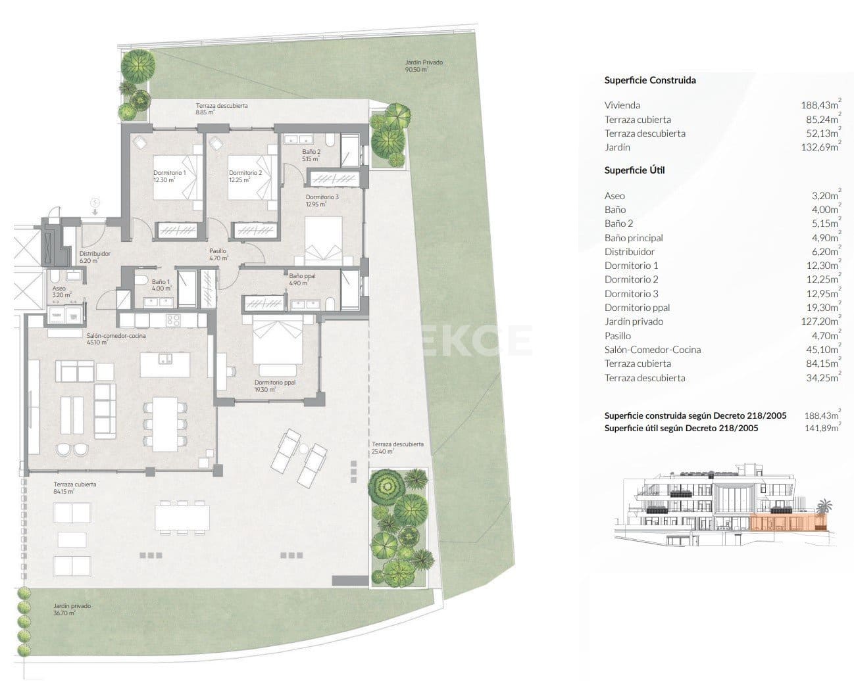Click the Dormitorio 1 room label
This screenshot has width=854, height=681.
click(170, 176)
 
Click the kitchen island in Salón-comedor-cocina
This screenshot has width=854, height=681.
click(165, 364)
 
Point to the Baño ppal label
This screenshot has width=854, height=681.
click(302, 279)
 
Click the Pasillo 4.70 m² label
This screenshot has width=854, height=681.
click(218, 254)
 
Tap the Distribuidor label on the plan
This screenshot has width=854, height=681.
click(94, 256)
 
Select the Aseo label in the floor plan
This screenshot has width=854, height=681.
click(61, 292)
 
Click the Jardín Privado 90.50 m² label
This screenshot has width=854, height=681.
click(424, 66)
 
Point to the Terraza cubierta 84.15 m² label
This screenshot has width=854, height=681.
click(74, 487)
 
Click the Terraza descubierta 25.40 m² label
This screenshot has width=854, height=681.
click(397, 448)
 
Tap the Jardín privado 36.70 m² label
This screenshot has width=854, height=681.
click(72, 609)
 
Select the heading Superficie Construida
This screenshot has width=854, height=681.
click(649, 80)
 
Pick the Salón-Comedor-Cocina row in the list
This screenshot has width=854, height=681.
click(652, 350)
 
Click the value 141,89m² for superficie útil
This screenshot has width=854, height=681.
click(822, 428)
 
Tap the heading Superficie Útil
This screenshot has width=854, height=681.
click(634, 170)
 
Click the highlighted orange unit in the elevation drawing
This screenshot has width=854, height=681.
click(783, 523)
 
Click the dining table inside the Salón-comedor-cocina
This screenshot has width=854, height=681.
click(161, 424)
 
